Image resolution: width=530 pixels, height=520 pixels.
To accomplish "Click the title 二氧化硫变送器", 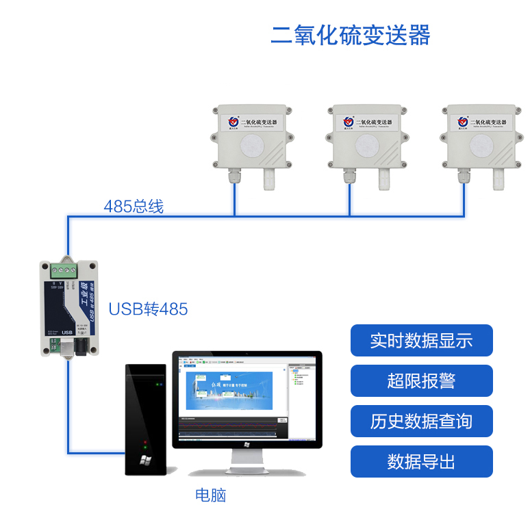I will coord(350,35).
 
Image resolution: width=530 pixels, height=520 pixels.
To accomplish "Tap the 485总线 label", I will coord(134,206).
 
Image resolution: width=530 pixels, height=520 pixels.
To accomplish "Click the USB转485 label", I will coord(148,309).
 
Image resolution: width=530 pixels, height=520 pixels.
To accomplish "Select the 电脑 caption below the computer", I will coord(210,495).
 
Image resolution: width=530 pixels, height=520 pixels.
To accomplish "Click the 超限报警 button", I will coord(421,381).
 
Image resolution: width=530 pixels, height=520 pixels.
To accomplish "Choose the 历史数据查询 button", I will coord(421,421).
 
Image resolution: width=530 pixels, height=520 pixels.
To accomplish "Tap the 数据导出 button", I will coord(421,461).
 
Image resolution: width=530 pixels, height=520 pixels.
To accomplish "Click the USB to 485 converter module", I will coord(68,308).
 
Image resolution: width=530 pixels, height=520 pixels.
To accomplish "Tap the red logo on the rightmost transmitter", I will coord(464,122).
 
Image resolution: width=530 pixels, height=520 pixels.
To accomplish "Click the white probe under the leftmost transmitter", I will coord(270,181).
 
